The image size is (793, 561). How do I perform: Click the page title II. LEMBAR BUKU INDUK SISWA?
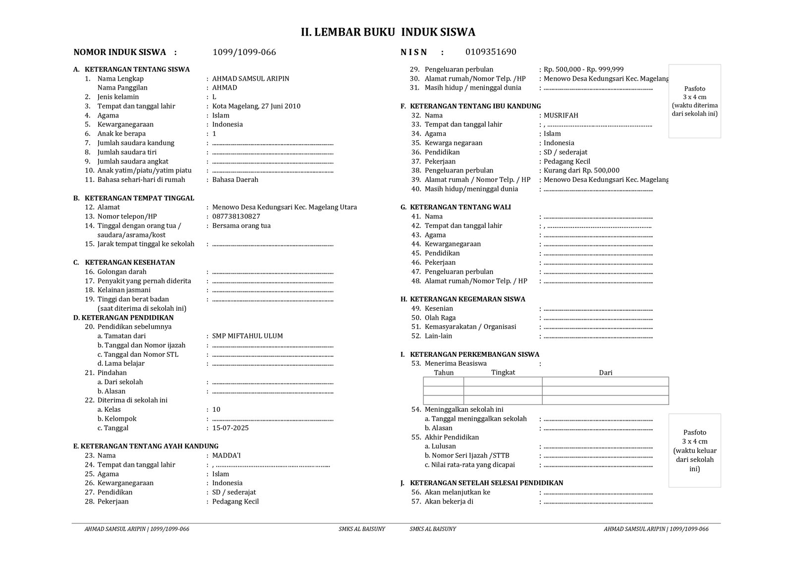(x=388, y=32)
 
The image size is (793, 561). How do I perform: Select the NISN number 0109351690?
(x=491, y=52)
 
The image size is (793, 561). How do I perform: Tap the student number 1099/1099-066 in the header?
(x=244, y=53)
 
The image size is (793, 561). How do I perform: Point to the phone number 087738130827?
(x=236, y=217)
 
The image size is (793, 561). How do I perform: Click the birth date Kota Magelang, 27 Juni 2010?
(x=256, y=106)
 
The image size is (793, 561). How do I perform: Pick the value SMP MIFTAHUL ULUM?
(x=247, y=336)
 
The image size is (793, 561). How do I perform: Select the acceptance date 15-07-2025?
(x=230, y=428)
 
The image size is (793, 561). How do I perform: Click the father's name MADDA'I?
(x=227, y=455)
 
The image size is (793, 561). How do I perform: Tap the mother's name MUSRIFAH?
(x=561, y=115)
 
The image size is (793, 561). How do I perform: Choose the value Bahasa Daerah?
(x=235, y=180)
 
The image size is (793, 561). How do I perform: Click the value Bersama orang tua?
(x=241, y=226)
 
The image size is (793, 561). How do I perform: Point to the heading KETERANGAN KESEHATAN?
(x=130, y=263)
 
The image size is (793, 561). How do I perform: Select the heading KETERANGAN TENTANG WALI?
(x=460, y=207)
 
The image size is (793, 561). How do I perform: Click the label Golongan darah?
(x=122, y=272)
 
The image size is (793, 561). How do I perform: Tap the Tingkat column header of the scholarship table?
(x=503, y=372)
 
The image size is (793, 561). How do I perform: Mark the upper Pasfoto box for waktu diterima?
(x=694, y=101)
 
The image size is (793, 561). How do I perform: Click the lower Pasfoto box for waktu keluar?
(x=694, y=450)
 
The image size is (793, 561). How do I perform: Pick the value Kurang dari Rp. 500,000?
(x=581, y=170)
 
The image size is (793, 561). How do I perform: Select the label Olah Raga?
(x=440, y=318)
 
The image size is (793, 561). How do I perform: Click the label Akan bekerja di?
(x=449, y=502)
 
